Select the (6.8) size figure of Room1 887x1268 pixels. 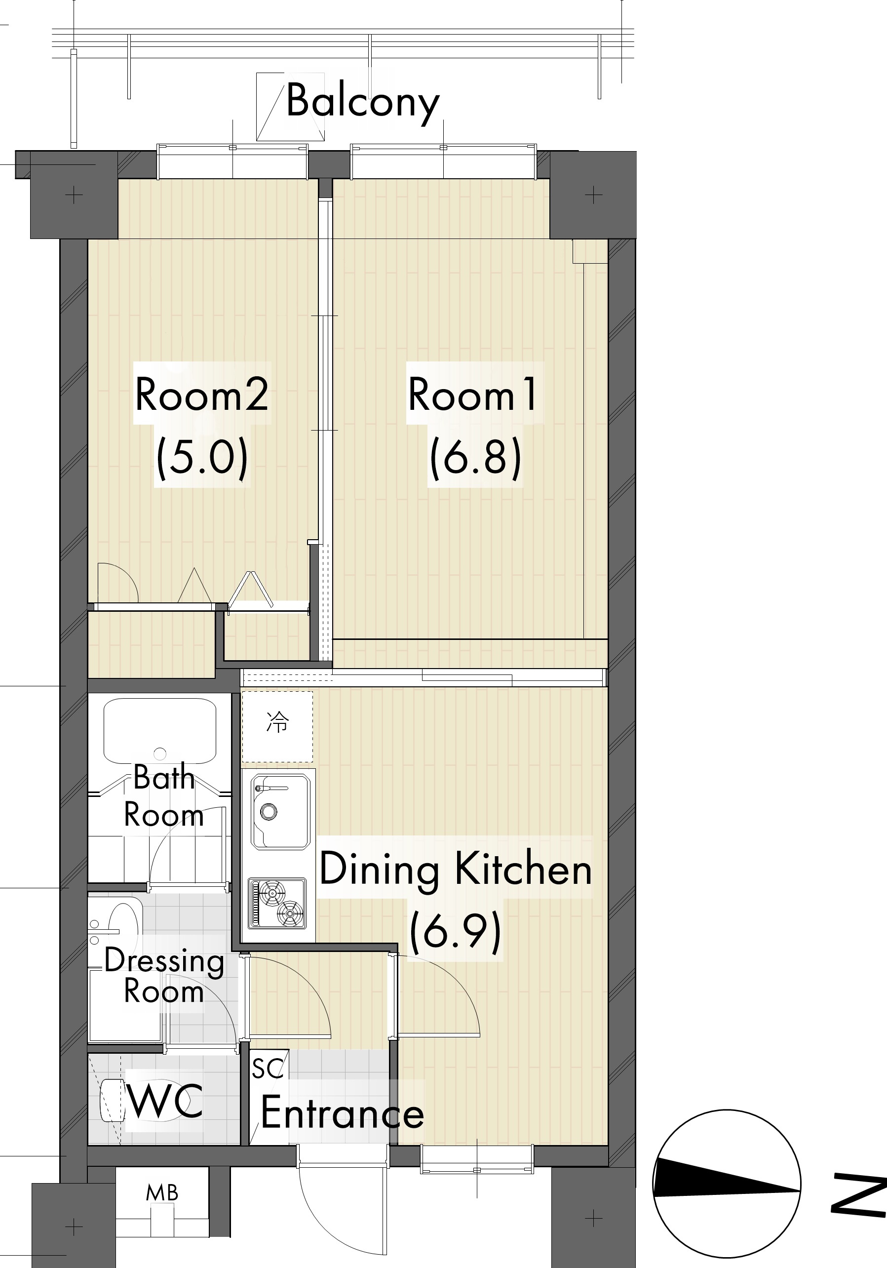pyautogui.click(x=475, y=457)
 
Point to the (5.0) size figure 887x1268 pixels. pyautogui.click(x=202, y=457)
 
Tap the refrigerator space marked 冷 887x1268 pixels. pyautogui.click(x=277, y=727)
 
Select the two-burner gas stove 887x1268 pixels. pyautogui.click(x=277, y=904)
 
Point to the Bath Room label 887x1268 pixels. pyautogui.click(x=163, y=796)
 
